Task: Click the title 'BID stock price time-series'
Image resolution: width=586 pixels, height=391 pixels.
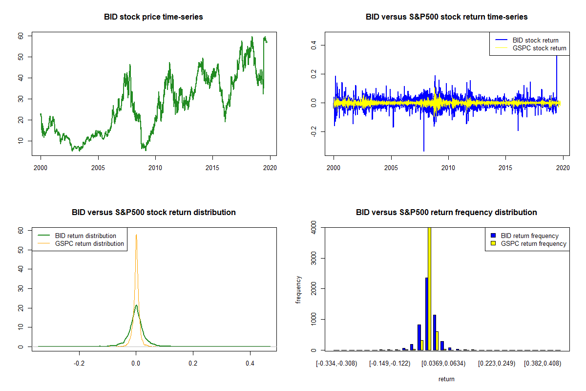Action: click(153, 17)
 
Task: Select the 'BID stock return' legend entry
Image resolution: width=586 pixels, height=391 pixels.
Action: click(535, 40)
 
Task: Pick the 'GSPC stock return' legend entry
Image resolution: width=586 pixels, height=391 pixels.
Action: click(539, 48)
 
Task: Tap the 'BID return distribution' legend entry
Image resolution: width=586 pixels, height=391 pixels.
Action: click(85, 236)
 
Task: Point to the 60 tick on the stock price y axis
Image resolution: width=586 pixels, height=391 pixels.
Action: click(21, 36)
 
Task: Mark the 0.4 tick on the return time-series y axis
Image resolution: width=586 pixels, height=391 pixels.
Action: click(314, 45)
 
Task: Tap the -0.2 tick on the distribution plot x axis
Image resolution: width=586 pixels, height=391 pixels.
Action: click(79, 363)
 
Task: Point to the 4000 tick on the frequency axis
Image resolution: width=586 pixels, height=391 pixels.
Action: click(314, 227)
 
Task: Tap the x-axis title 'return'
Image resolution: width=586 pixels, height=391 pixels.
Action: click(446, 379)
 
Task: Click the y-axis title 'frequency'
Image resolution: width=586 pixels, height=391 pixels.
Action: click(298, 290)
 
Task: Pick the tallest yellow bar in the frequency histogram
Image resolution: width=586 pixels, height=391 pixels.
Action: click(429, 288)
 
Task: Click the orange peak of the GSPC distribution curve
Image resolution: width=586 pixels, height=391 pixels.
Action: click(136, 236)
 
